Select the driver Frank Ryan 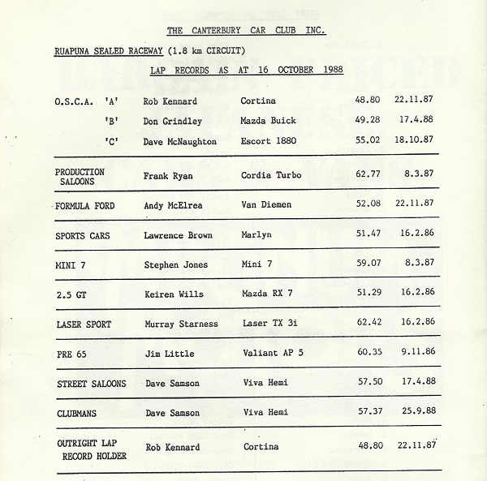(x=191, y=175)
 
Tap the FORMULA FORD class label (x=85, y=206)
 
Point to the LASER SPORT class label (x=85, y=324)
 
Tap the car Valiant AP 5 (x=274, y=354)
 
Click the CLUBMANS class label (x=79, y=413)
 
